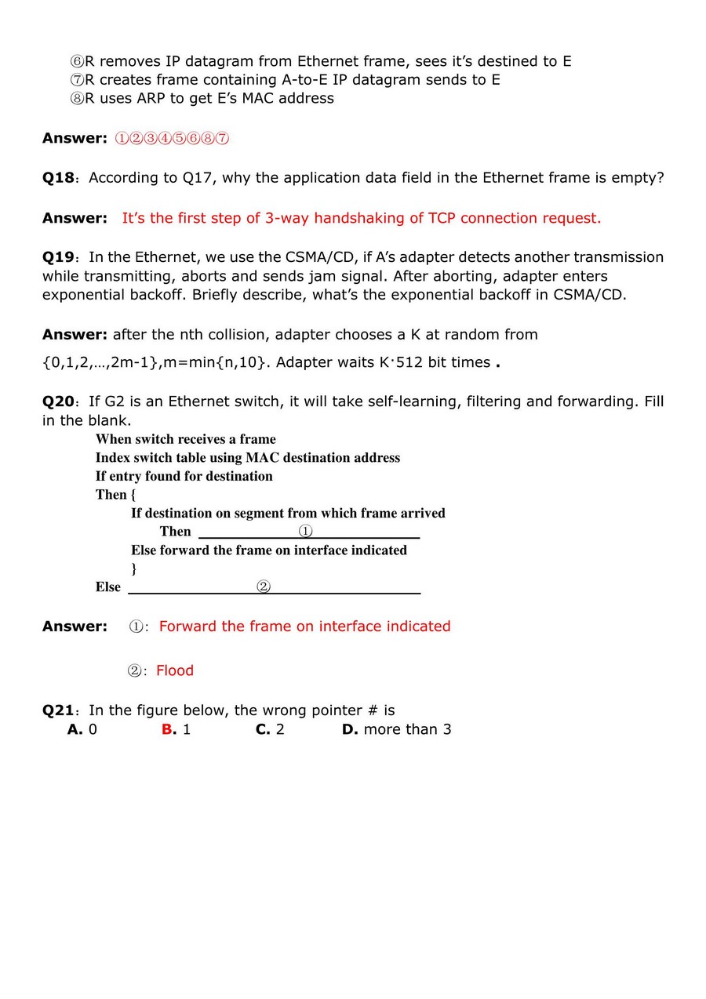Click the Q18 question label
coord(58,178)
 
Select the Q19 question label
coord(58,257)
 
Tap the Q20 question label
coord(58,401)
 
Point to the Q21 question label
coord(58,710)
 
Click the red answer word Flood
coord(175,670)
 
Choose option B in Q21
coord(168,730)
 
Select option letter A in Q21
coord(75,730)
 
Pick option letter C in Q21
coord(263,730)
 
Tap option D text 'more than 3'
coord(407,730)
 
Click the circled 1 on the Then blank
coord(306,532)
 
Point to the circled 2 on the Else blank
coord(264,587)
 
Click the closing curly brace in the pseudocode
coord(134,569)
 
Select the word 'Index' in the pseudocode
coord(113,458)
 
